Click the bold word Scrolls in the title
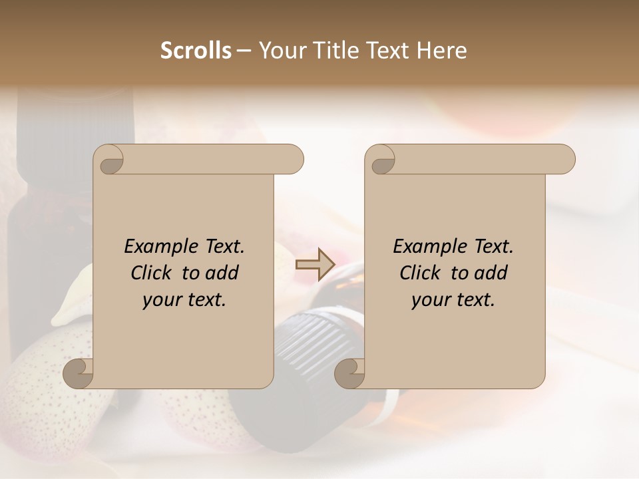[196, 51]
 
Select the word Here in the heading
[441, 51]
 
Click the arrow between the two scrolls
[315, 263]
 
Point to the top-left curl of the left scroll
[109, 160]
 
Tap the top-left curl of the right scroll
[381, 160]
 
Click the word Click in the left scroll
[152, 273]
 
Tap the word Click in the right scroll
[421, 273]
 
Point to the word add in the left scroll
[222, 273]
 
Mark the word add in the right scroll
[491, 273]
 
